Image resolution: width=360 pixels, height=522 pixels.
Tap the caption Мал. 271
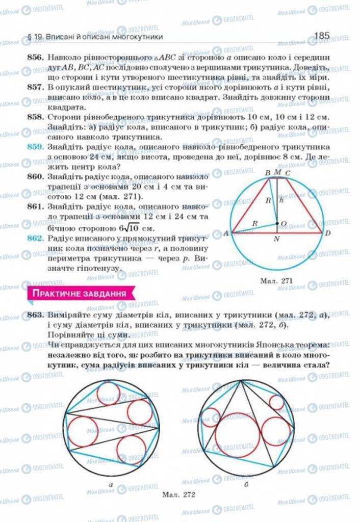coord(276,279)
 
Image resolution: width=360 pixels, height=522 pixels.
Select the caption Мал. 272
coord(179,494)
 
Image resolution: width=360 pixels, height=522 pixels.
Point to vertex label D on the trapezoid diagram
coord(328,233)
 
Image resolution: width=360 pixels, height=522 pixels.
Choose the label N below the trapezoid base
coord(276,240)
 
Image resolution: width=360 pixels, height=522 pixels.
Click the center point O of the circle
coord(277,223)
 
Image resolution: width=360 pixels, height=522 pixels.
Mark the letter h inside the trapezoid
coord(281,200)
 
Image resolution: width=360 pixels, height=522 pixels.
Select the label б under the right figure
coord(246,485)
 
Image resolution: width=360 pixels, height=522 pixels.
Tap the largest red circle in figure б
coord(237,434)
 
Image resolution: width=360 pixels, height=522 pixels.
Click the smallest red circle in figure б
coord(276,402)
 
